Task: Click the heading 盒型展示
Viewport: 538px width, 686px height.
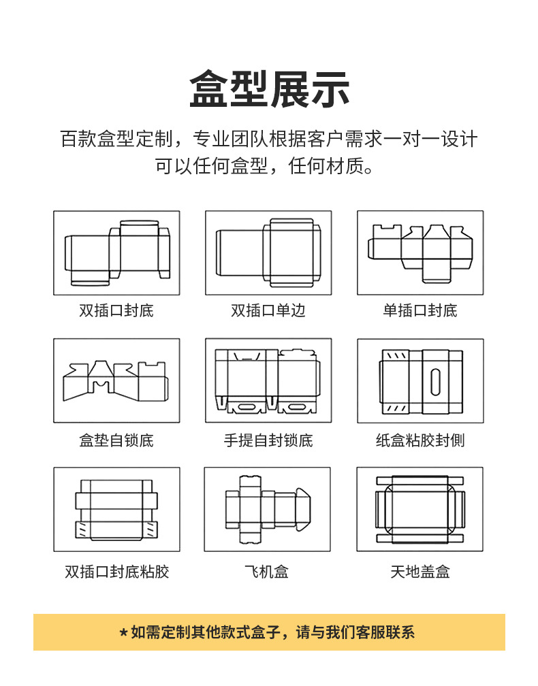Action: pos(269,89)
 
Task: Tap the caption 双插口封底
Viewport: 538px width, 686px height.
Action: pos(116,311)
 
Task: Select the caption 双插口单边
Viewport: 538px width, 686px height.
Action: pos(268,311)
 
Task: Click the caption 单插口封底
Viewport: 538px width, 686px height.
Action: pos(420,311)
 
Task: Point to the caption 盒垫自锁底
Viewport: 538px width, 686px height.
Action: pos(116,441)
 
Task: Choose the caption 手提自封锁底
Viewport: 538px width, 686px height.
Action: pos(268,441)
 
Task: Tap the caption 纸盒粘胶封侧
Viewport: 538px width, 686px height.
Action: pos(420,441)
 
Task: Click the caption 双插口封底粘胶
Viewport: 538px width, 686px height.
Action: pos(116,572)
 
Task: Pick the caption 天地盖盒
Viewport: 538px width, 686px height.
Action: pos(420,572)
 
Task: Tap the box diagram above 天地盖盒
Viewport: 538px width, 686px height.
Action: pos(420,509)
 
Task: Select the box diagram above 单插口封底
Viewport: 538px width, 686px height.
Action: pos(420,252)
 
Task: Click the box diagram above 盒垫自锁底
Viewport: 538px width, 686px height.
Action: pos(116,381)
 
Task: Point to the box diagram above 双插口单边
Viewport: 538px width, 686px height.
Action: pos(268,252)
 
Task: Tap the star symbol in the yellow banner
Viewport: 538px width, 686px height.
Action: pos(123,633)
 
